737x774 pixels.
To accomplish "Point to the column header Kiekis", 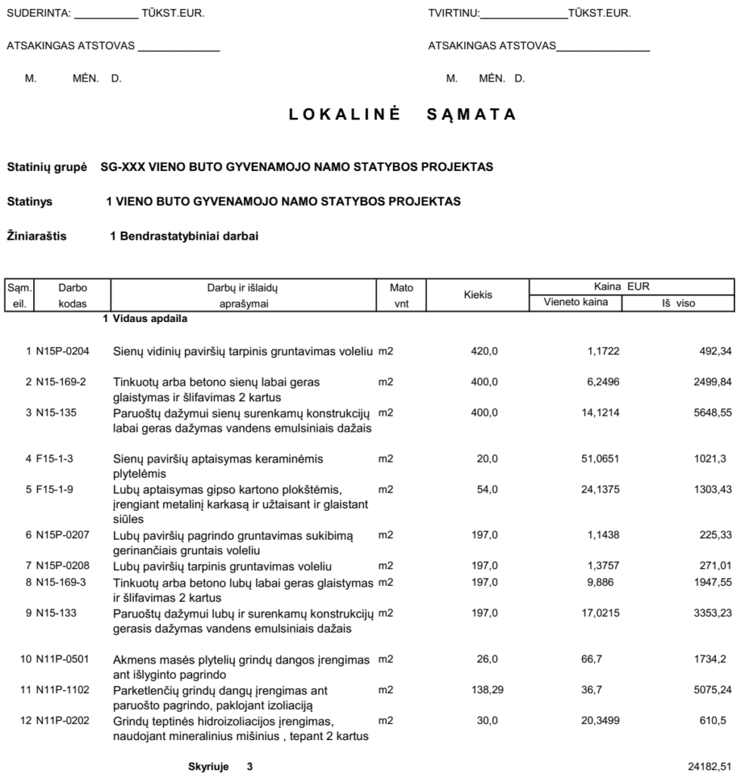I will tap(477, 296).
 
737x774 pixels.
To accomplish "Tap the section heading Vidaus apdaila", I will tap(150, 319).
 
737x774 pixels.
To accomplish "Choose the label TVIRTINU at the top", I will tap(453, 14).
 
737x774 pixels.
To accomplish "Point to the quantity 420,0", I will tap(485, 351).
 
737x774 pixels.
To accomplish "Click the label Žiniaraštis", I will tap(36, 237).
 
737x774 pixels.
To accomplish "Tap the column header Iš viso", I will tap(678, 303).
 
